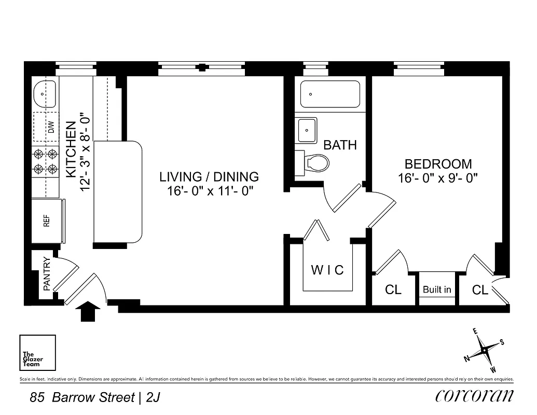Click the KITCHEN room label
point(72,149)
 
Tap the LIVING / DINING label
point(209,177)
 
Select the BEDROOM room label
point(438,164)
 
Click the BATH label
point(340,145)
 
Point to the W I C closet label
point(327,270)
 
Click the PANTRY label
point(47,273)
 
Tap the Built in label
point(437,289)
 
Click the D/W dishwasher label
point(51,128)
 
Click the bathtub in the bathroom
point(330,94)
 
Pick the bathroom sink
point(307,130)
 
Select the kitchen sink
point(45,94)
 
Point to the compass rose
point(484,350)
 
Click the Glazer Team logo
point(37,353)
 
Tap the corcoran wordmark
point(475,396)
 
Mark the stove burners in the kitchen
point(46,161)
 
